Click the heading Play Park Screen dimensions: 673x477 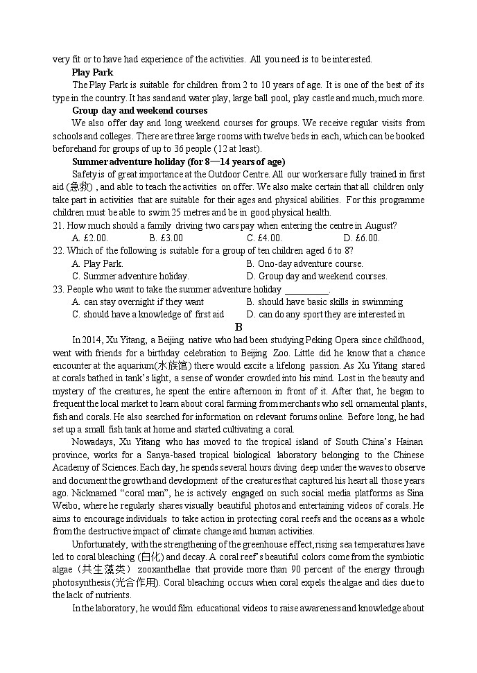point(92,72)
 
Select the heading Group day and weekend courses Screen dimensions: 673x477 point(139,110)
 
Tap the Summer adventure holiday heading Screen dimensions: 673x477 point(168,161)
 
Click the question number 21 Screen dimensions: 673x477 point(58,225)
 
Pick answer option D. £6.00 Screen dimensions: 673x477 point(361,238)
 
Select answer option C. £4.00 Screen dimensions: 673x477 point(264,238)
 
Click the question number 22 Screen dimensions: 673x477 point(58,250)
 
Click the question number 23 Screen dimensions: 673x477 point(58,289)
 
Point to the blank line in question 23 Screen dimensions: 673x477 point(307,290)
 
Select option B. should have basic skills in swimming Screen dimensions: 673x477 point(324,301)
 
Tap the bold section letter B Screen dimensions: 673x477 point(238,327)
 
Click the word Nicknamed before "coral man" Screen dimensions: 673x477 point(76,493)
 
